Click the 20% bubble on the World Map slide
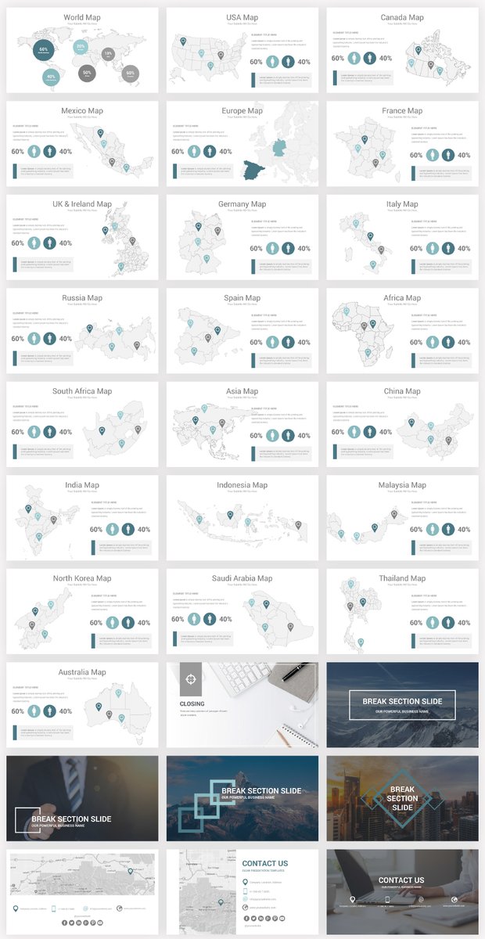point(81,47)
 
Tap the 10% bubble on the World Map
point(108,53)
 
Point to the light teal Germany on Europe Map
point(279,149)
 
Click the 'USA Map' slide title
point(242,17)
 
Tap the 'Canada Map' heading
point(402,17)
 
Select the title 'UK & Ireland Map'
point(82,204)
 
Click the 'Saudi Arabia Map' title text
point(242,578)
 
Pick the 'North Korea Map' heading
point(82,578)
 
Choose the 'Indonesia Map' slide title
point(242,485)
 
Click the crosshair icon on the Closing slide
point(190,680)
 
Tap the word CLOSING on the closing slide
point(192,703)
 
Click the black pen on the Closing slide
point(295,671)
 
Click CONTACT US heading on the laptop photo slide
point(401,880)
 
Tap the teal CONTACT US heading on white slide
point(265,863)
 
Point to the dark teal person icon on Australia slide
point(50,711)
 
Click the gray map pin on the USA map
point(221,55)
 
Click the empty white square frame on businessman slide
point(27,819)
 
